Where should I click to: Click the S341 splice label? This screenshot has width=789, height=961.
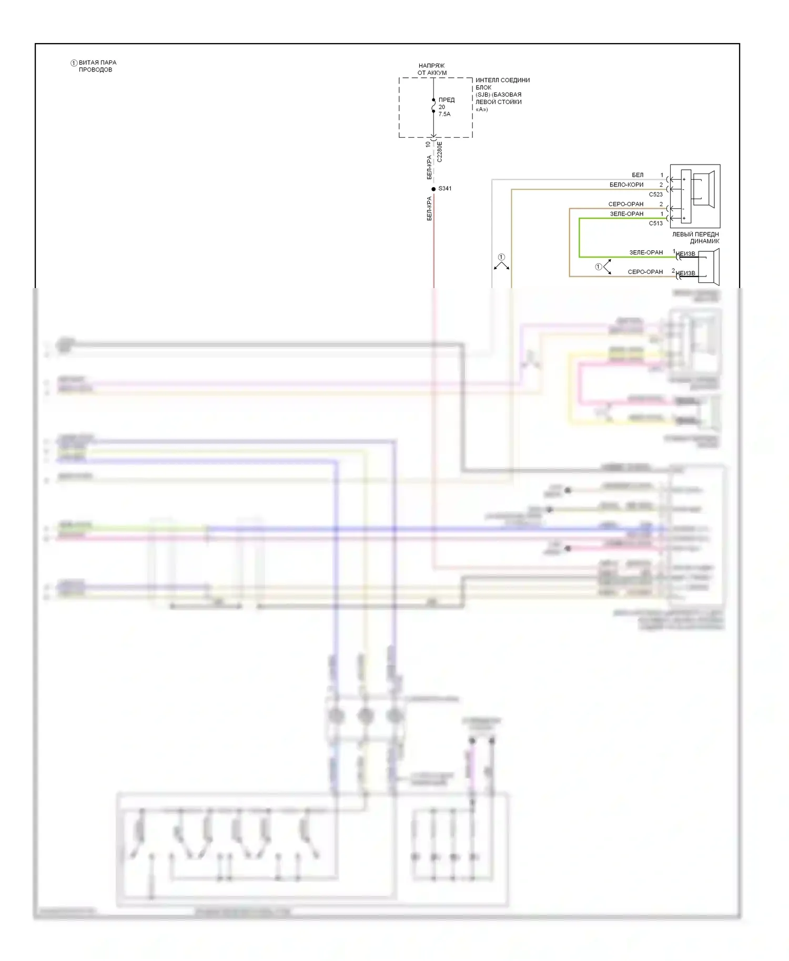(444, 188)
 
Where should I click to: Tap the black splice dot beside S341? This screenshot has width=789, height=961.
(433, 189)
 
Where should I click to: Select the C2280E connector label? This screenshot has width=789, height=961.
(440, 151)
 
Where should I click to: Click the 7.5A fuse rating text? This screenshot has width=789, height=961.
(444, 114)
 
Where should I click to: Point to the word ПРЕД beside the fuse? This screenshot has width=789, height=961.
(447, 100)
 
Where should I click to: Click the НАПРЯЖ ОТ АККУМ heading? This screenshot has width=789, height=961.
(432, 69)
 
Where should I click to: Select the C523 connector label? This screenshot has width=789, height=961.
(655, 195)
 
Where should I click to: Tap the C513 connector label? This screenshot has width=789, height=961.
(655, 223)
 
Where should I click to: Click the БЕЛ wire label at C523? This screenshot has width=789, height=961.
(638, 175)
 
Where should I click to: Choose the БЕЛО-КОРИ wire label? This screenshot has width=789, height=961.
(626, 185)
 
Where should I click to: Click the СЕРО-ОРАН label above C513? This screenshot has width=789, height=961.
(626, 204)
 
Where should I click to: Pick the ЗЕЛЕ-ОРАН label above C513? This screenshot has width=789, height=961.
(626, 214)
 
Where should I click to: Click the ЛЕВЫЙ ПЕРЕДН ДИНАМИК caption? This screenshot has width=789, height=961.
(695, 238)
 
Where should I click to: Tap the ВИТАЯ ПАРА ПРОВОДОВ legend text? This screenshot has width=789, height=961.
(97, 66)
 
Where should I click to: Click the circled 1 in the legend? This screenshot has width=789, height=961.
(74, 63)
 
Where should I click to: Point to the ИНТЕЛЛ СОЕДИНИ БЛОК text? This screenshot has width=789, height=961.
(502, 84)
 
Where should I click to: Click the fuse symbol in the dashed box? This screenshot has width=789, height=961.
(433, 106)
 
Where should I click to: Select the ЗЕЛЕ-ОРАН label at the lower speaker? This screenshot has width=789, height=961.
(646, 252)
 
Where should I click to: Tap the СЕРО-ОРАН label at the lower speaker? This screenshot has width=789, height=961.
(645, 272)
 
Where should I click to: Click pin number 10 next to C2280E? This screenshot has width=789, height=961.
(428, 144)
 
